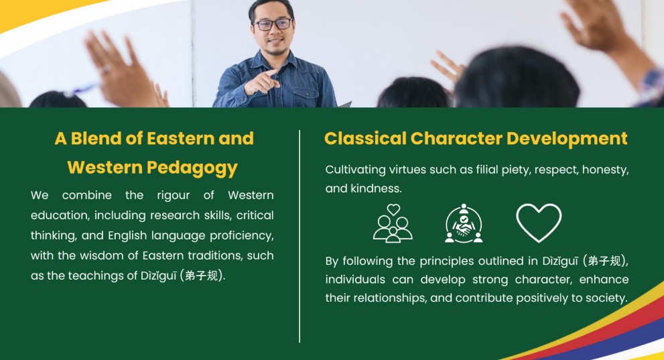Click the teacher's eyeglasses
tap(273, 24)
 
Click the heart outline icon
tap(539, 223)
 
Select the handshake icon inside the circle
tap(464, 223)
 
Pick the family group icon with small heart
tap(393, 223)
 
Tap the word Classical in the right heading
tap(365, 139)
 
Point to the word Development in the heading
tap(567, 139)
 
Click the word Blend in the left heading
tap(96, 139)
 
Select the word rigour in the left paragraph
tap(173, 196)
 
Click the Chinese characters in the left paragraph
tap(202, 276)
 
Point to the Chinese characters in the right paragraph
tap(605, 261)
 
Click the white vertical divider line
tap(300, 236)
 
